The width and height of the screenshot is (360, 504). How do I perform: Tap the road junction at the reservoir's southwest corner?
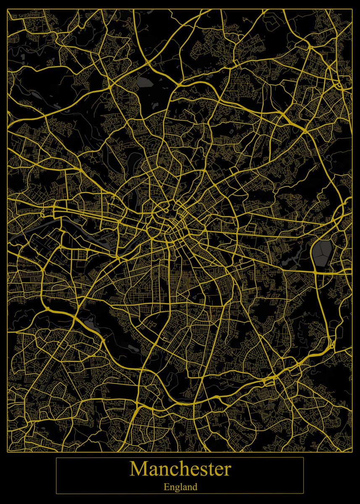314,272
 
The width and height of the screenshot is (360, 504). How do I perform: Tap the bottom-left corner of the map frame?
8,452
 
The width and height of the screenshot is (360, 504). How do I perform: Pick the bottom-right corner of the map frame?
352,452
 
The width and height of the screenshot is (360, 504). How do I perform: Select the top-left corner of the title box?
56,457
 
